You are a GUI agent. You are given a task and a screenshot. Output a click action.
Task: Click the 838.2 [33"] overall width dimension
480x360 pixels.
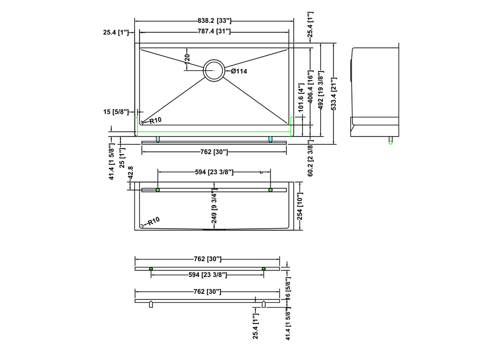(x=214, y=21)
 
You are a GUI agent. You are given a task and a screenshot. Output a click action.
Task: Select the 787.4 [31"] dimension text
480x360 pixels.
(x=214, y=31)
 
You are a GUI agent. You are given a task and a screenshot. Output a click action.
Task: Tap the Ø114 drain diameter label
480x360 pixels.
(x=239, y=71)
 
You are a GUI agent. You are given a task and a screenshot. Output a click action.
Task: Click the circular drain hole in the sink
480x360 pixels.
(x=214, y=70)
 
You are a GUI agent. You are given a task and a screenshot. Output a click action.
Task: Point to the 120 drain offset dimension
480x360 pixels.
(x=187, y=58)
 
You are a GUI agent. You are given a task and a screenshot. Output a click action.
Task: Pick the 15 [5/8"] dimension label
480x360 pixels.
(x=116, y=112)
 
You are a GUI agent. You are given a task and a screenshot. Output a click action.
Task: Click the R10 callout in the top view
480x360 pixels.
(x=156, y=120)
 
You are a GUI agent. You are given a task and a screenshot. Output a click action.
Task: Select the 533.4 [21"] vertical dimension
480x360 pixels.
(x=334, y=94)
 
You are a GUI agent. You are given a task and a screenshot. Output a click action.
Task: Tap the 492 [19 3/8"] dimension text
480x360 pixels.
(x=321, y=90)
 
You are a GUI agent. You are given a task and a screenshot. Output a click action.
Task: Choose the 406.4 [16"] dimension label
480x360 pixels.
(x=311, y=87)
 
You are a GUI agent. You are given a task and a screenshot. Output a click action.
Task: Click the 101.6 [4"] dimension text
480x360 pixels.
(x=301, y=97)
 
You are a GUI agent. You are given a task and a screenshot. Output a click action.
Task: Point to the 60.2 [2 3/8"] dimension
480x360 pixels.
(x=311, y=158)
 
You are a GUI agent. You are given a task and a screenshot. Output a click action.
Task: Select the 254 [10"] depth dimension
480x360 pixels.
(x=300, y=206)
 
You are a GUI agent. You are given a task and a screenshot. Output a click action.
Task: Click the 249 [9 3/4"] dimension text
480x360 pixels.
(x=214, y=207)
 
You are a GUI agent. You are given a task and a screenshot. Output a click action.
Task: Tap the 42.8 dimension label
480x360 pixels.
(x=131, y=173)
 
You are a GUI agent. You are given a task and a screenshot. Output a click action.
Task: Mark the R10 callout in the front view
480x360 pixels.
(x=153, y=221)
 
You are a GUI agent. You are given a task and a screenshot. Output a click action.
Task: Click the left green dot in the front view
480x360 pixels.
(x=158, y=190)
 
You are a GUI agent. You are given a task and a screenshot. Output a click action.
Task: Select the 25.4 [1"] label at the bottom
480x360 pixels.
(x=255, y=326)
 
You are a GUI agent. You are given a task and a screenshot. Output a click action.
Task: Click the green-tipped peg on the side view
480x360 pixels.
(x=391, y=140)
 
